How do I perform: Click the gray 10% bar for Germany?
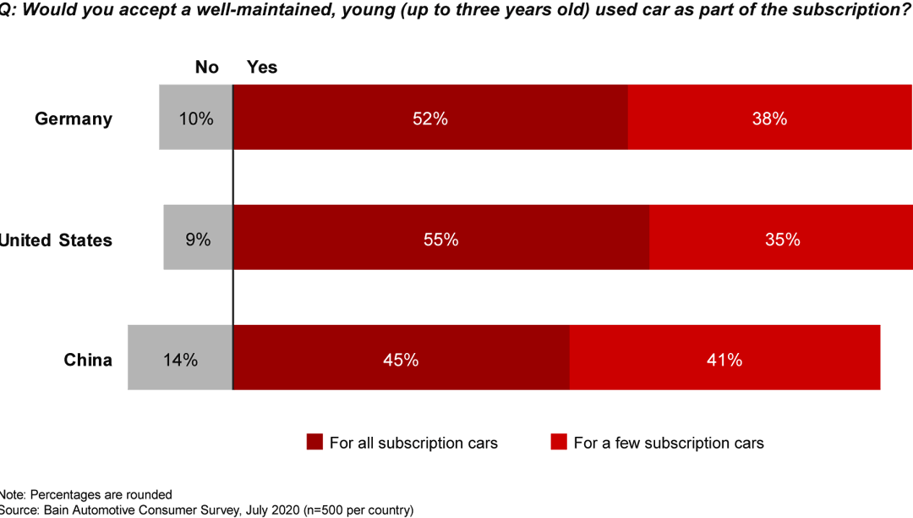pyautogui.click(x=195, y=118)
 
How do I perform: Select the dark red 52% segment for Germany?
pyautogui.click(x=430, y=118)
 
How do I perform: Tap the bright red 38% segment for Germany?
pyautogui.click(x=769, y=118)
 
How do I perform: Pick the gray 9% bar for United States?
pyautogui.click(x=198, y=238)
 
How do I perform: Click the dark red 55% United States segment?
pyautogui.click(x=440, y=238)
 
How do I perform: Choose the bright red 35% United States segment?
pyautogui.click(x=780, y=238)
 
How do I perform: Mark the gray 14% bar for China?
pyautogui.click(x=180, y=358)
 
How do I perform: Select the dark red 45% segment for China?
pyautogui.click(x=401, y=358)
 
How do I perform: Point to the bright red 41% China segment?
pyautogui.click(x=724, y=358)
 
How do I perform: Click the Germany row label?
pyautogui.click(x=73, y=118)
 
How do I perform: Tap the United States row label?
pyautogui.click(x=56, y=240)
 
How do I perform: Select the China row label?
pyautogui.click(x=88, y=360)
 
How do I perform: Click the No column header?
pyautogui.click(x=206, y=67)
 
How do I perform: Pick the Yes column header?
pyautogui.click(x=261, y=67)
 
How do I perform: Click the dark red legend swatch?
pyautogui.click(x=314, y=443)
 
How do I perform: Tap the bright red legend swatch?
pyautogui.click(x=558, y=443)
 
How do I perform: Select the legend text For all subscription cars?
pyautogui.click(x=413, y=443)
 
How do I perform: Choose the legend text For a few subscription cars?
pyautogui.click(x=668, y=443)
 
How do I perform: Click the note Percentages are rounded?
pyautogui.click(x=86, y=494)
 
